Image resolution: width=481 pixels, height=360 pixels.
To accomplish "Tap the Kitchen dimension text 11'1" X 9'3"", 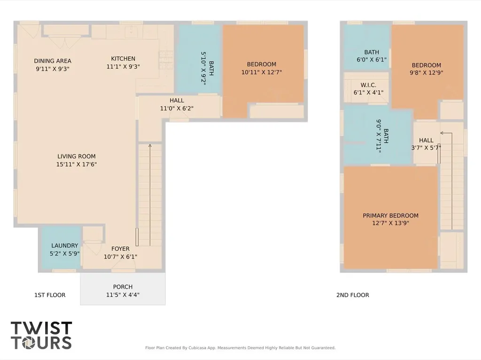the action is [123, 67].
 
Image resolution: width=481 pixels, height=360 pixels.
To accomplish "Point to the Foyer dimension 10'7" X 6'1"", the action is [120, 257].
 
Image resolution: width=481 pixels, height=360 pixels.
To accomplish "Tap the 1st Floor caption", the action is [50, 295].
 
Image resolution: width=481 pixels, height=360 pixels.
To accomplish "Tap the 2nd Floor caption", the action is [353, 295].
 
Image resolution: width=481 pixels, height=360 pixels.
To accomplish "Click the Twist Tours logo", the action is [41, 335].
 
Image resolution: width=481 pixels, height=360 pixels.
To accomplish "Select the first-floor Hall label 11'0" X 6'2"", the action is [177, 104].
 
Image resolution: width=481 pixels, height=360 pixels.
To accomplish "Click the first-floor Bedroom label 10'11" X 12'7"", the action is [261, 68].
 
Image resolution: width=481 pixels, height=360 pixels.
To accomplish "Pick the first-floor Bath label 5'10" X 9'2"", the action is [207, 68].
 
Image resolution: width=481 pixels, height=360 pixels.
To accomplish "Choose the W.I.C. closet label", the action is [368, 89].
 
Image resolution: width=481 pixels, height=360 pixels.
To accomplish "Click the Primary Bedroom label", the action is [390, 219].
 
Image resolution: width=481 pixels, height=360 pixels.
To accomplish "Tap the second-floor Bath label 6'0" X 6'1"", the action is [372, 56].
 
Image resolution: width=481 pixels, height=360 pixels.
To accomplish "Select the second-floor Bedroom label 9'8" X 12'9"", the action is [427, 69].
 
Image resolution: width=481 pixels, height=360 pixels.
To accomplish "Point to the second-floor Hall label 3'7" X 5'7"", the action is [426, 144].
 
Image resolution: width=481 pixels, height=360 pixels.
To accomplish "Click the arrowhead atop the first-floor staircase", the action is [150, 146].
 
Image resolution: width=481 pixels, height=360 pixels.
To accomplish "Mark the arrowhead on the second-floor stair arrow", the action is [442, 133].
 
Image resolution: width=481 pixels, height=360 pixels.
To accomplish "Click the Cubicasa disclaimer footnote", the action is [240, 348].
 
